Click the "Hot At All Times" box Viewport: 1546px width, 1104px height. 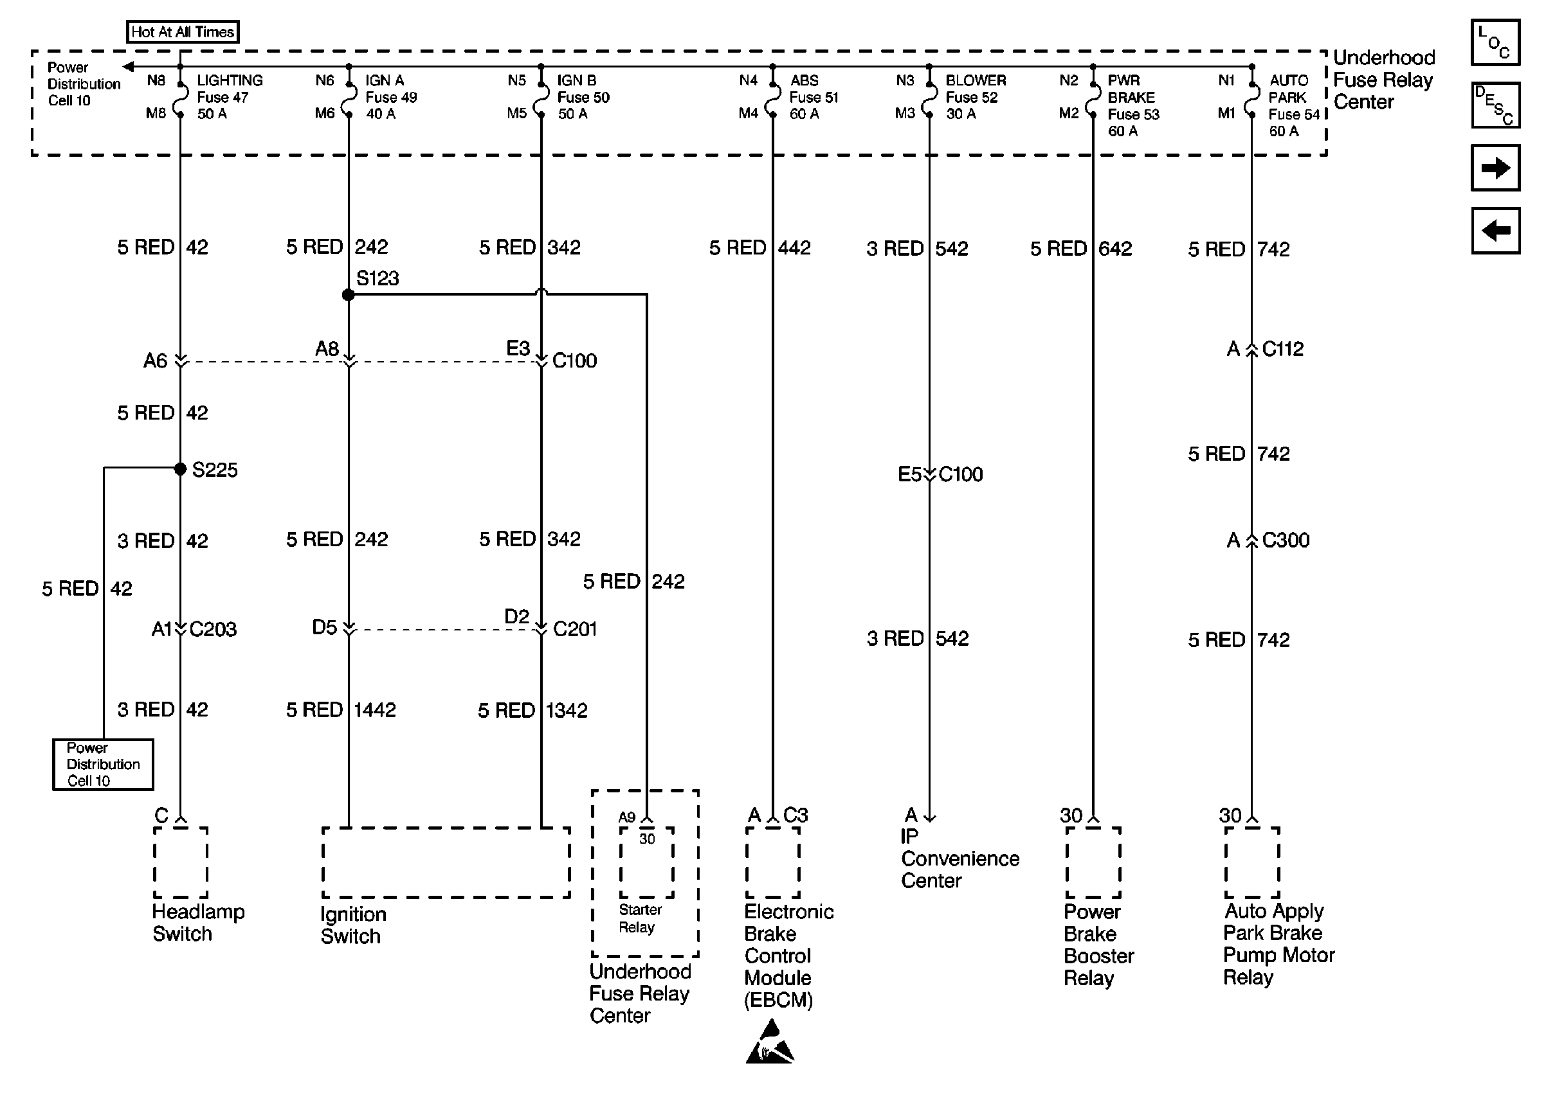pos(182,32)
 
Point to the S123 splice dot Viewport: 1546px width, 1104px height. pos(349,294)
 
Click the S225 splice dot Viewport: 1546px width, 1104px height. pos(180,469)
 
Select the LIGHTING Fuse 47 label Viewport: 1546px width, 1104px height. pos(228,97)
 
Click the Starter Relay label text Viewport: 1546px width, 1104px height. pos(639,918)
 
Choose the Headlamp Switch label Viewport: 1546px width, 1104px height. pos(197,923)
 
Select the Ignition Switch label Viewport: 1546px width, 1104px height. pos(352,925)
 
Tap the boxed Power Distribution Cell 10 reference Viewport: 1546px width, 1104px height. pos(103,765)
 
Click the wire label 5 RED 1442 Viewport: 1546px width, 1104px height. pos(341,709)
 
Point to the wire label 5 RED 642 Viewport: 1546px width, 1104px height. pos(1081,249)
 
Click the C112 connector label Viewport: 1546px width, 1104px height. pos(1282,350)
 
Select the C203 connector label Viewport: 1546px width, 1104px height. pos(213,630)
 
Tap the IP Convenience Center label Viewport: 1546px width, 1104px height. pos(959,859)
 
